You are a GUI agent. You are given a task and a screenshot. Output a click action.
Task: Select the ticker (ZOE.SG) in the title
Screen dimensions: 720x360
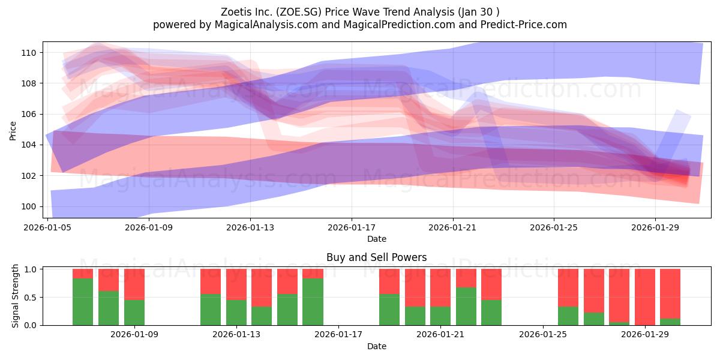point(299,12)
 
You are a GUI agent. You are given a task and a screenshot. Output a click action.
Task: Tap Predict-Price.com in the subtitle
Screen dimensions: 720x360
point(524,25)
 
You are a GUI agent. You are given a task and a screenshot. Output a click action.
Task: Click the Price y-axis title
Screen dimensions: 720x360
point(13,131)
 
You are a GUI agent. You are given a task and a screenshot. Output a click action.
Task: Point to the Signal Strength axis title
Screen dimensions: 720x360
point(15,296)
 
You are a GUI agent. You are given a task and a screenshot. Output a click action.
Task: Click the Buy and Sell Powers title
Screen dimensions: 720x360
point(376,257)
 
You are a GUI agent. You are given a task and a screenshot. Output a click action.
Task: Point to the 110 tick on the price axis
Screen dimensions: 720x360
point(29,53)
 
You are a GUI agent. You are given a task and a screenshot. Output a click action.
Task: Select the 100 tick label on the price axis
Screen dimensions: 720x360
point(29,206)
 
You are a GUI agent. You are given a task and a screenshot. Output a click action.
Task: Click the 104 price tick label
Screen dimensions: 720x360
point(29,145)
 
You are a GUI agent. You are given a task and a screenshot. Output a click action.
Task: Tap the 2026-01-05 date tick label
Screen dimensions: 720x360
point(47,227)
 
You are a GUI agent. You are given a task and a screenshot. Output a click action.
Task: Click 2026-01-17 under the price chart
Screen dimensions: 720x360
point(352,227)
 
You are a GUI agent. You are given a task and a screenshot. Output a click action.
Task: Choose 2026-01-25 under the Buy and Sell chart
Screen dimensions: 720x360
point(543,335)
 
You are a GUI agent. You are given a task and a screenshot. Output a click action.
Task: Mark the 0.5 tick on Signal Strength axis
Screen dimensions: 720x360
point(30,298)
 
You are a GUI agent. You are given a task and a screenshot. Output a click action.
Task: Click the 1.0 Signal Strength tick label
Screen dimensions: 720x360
point(30,269)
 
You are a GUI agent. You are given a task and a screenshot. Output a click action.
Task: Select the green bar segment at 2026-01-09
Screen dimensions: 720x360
point(134,313)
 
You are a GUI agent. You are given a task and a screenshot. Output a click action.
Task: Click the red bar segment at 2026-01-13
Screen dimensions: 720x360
point(236,284)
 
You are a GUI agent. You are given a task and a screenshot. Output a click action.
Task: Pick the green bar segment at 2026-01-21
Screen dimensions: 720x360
point(440,316)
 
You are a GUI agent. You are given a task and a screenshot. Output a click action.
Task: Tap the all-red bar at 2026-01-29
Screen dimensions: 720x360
point(645,297)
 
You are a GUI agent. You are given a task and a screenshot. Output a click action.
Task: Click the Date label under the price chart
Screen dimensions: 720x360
point(377,239)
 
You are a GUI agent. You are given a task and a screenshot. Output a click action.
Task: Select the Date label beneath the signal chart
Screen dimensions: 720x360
point(377,346)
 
